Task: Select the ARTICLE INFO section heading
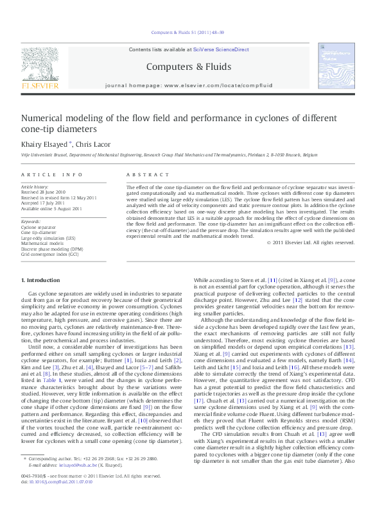(x=52, y=174)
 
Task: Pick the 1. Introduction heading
(x=41, y=280)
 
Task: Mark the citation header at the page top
(x=191, y=31)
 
